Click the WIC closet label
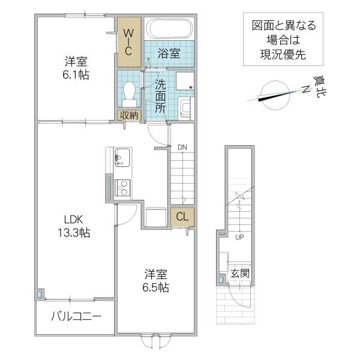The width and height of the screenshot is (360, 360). (128, 42)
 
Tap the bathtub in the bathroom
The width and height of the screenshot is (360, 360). (170, 28)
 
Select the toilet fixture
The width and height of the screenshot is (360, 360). (129, 94)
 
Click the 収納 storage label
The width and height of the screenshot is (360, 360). (129, 115)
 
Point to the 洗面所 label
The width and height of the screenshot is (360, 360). (160, 96)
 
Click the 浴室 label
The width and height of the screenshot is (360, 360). (169, 53)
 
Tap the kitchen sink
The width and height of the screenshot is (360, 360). (122, 157)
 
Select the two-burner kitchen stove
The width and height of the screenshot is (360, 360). (122, 188)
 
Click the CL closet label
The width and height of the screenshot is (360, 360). (182, 217)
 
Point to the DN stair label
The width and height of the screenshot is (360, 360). (182, 147)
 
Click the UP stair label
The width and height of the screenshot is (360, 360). (239, 237)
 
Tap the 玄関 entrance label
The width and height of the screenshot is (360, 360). (239, 273)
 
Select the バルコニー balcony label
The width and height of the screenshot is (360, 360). (76, 317)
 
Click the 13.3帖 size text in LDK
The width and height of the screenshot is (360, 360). (74, 233)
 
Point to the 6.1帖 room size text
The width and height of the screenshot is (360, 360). (76, 74)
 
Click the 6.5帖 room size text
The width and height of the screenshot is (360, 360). (155, 287)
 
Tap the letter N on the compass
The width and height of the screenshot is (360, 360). (306, 89)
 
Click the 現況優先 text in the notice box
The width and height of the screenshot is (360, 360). (283, 55)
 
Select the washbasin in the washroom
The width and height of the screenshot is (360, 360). (186, 108)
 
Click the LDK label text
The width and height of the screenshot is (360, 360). (73, 220)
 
